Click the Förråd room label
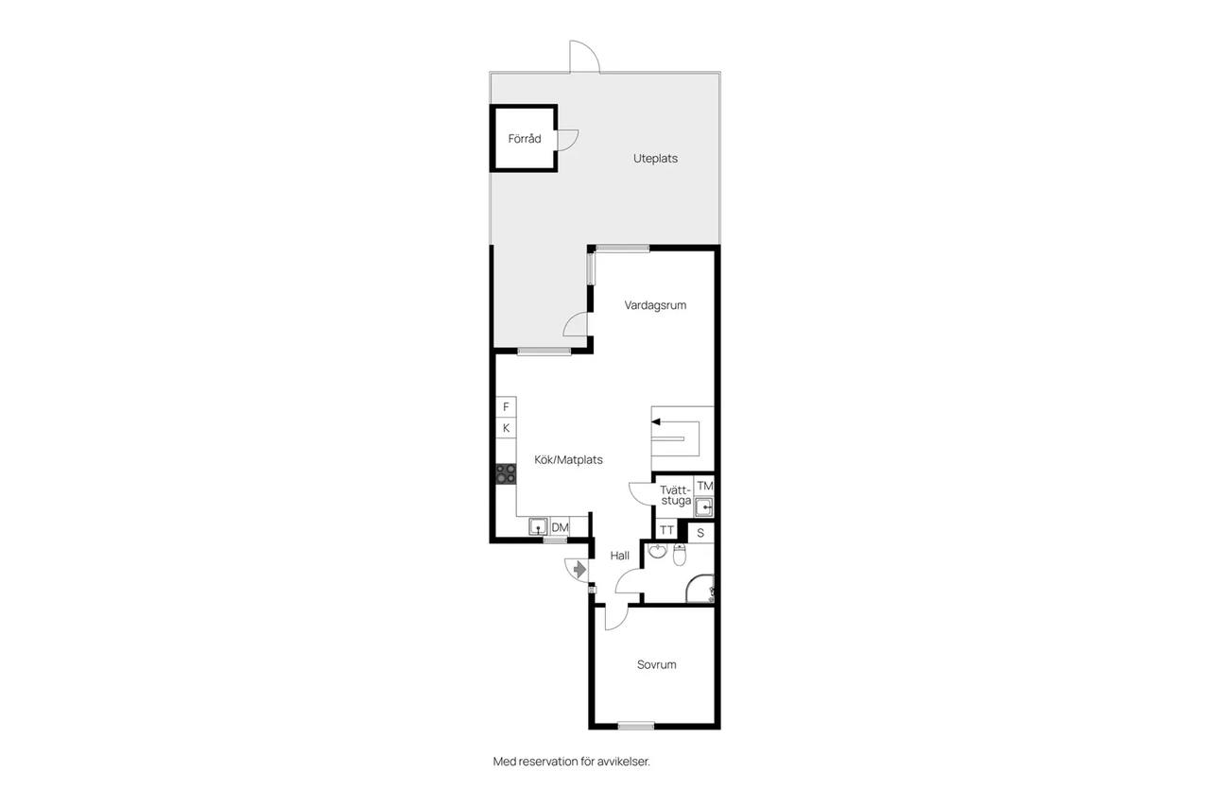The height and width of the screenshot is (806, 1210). click(x=524, y=139)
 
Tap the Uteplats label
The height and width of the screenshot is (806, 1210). click(x=655, y=159)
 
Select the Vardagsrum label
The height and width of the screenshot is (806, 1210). click(x=655, y=305)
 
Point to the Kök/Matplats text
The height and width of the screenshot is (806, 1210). click(x=568, y=460)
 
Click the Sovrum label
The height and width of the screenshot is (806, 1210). click(x=656, y=664)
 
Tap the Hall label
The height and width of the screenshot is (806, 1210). click(x=619, y=556)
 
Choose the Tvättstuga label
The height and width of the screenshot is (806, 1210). click(x=676, y=495)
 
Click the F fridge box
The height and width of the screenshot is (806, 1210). click(x=506, y=407)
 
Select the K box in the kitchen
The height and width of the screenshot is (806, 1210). click(x=506, y=428)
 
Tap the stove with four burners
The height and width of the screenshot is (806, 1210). click(x=506, y=474)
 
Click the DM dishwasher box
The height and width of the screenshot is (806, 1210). click(x=560, y=527)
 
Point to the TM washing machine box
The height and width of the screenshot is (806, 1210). click(x=704, y=486)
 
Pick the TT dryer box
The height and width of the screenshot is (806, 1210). click(x=666, y=529)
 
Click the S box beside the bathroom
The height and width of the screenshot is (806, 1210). click(x=700, y=533)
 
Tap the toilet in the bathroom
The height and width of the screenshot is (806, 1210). click(x=680, y=555)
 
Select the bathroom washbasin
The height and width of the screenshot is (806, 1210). click(x=657, y=551)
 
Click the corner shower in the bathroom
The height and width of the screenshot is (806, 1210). click(x=700, y=589)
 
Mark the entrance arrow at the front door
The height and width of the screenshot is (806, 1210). click(x=579, y=570)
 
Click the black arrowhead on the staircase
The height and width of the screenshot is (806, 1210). click(x=656, y=422)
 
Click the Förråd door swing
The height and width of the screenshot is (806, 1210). click(x=568, y=141)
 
